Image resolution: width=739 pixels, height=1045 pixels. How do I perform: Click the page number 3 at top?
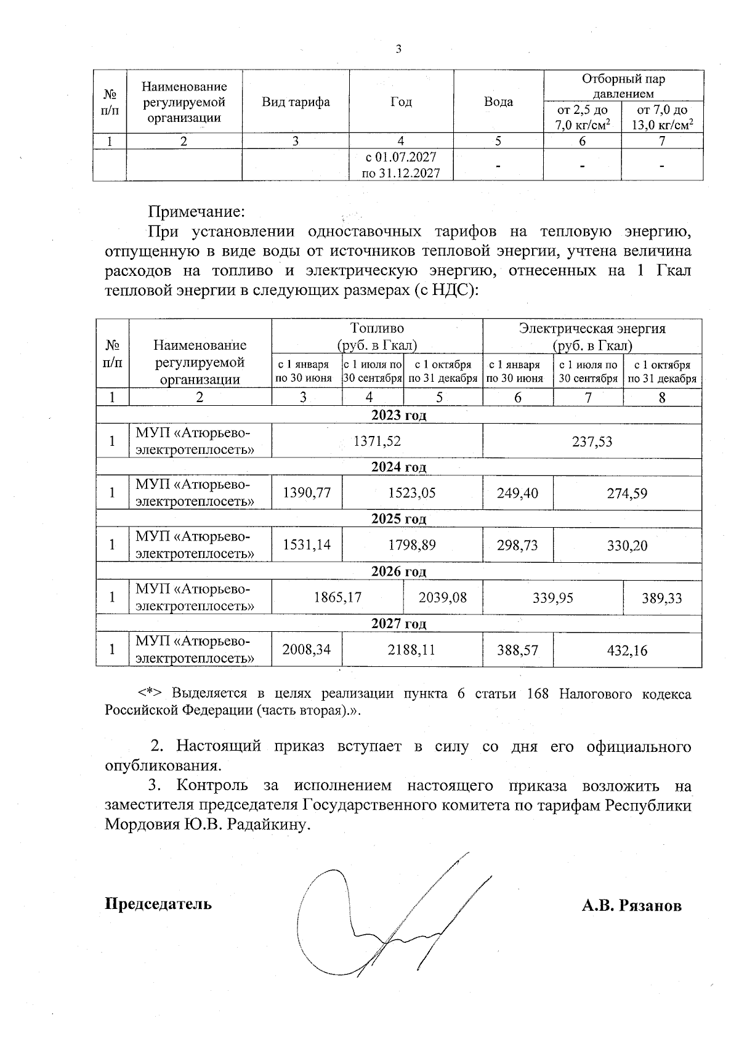(x=398, y=49)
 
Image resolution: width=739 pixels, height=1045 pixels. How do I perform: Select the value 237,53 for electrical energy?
(x=592, y=441)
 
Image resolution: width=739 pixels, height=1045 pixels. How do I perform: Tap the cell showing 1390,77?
(x=307, y=493)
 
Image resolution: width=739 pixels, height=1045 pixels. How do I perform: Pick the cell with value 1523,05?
(x=411, y=493)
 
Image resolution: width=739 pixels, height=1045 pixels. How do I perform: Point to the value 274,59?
(x=627, y=493)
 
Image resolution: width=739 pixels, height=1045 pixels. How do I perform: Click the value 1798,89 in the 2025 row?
(x=411, y=546)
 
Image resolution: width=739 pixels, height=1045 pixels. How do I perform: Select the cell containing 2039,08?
(x=442, y=597)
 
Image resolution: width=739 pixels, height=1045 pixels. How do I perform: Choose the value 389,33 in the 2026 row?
(x=662, y=597)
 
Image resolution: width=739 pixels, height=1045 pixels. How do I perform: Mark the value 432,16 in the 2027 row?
(x=627, y=650)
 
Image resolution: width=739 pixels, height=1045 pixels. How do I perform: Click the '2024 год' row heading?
(x=398, y=467)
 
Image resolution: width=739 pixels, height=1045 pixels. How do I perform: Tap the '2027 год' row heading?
(x=398, y=624)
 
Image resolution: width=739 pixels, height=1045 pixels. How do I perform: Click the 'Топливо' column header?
(x=377, y=328)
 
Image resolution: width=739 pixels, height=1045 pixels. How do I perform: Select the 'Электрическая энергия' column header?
(x=592, y=328)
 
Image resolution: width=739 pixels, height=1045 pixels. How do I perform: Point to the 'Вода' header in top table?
(x=498, y=102)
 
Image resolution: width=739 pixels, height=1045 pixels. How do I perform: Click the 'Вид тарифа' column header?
(x=296, y=102)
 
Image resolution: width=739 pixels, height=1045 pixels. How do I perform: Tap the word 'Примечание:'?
(x=196, y=212)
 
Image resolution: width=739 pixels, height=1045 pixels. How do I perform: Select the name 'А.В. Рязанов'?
(x=632, y=906)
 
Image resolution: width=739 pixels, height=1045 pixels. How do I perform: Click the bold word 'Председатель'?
(x=158, y=903)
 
